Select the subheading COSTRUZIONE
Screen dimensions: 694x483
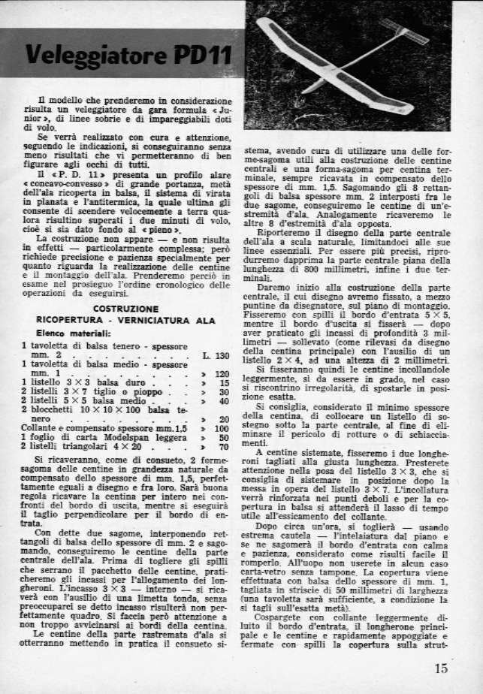point(125,309)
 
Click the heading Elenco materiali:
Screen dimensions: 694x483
point(68,333)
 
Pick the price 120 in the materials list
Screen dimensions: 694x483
point(221,373)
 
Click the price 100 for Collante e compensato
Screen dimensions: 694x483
point(221,427)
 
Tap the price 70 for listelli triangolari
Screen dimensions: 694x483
point(223,446)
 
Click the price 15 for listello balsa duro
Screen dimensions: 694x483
point(224,382)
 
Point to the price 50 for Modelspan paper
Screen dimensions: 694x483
point(223,437)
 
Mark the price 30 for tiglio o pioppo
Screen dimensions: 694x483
point(223,391)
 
